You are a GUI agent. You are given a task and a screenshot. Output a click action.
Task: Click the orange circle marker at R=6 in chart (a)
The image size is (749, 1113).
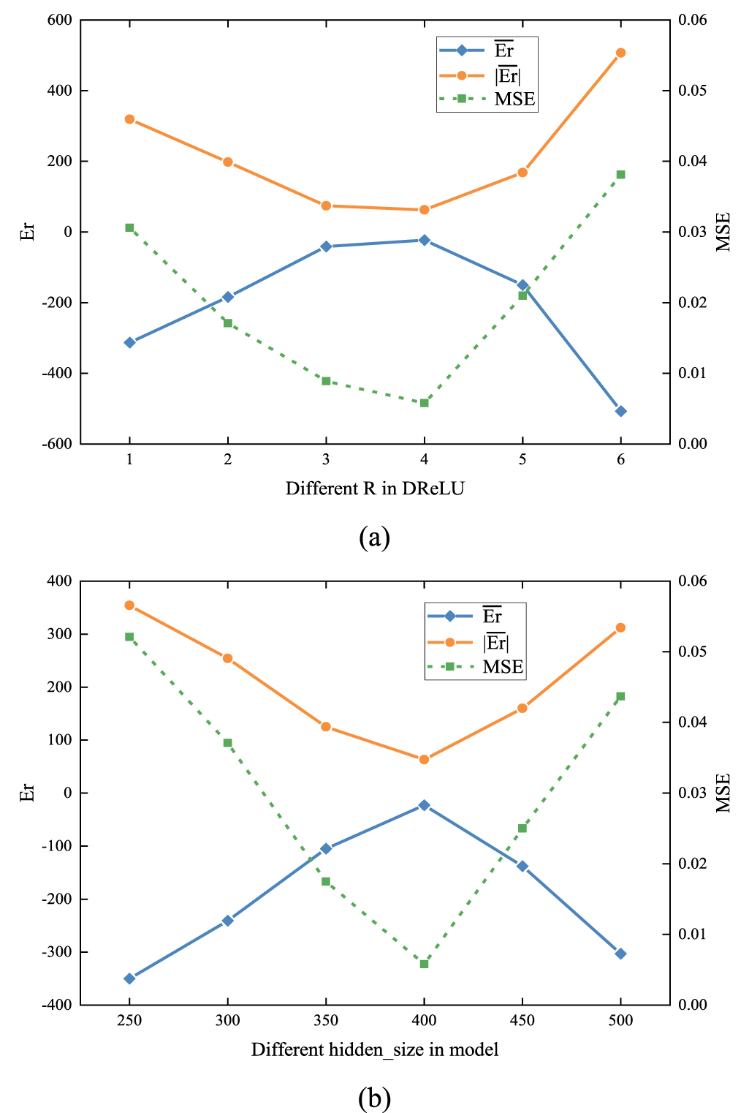click(620, 53)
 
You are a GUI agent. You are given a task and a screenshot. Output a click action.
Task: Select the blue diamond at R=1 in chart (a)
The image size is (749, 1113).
click(129, 342)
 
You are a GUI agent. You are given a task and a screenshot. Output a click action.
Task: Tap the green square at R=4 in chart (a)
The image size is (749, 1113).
click(424, 403)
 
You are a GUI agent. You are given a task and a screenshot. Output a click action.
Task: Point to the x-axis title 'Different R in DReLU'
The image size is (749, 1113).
click(374, 488)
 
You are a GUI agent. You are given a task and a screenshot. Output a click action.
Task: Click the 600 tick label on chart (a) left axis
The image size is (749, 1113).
click(60, 20)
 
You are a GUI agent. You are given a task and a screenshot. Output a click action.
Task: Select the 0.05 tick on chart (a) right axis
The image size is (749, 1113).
click(692, 91)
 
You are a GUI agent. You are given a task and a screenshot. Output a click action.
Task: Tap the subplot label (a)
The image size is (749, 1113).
click(374, 537)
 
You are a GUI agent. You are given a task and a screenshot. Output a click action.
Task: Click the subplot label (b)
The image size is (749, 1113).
click(374, 1098)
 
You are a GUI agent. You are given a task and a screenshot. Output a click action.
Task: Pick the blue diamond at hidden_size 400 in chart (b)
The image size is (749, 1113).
click(424, 805)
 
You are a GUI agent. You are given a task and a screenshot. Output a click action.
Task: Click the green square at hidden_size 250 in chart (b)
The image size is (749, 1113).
click(129, 637)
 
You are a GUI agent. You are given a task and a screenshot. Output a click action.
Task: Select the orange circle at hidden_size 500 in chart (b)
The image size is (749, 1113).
click(620, 627)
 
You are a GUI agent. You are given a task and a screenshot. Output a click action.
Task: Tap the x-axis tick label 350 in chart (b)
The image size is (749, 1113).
click(326, 1021)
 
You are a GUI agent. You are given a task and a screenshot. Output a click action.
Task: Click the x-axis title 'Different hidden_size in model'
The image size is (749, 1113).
click(374, 1050)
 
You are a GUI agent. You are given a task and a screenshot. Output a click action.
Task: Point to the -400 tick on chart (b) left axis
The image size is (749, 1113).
click(58, 1005)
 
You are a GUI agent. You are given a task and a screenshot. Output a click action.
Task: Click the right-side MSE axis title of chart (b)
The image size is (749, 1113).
click(723, 793)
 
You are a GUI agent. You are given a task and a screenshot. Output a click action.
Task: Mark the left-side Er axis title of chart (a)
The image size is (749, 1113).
click(27, 232)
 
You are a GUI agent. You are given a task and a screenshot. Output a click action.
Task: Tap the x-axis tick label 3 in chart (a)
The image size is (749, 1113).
click(326, 460)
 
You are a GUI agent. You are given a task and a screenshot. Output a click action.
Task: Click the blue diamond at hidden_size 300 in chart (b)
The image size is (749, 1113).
click(227, 921)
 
